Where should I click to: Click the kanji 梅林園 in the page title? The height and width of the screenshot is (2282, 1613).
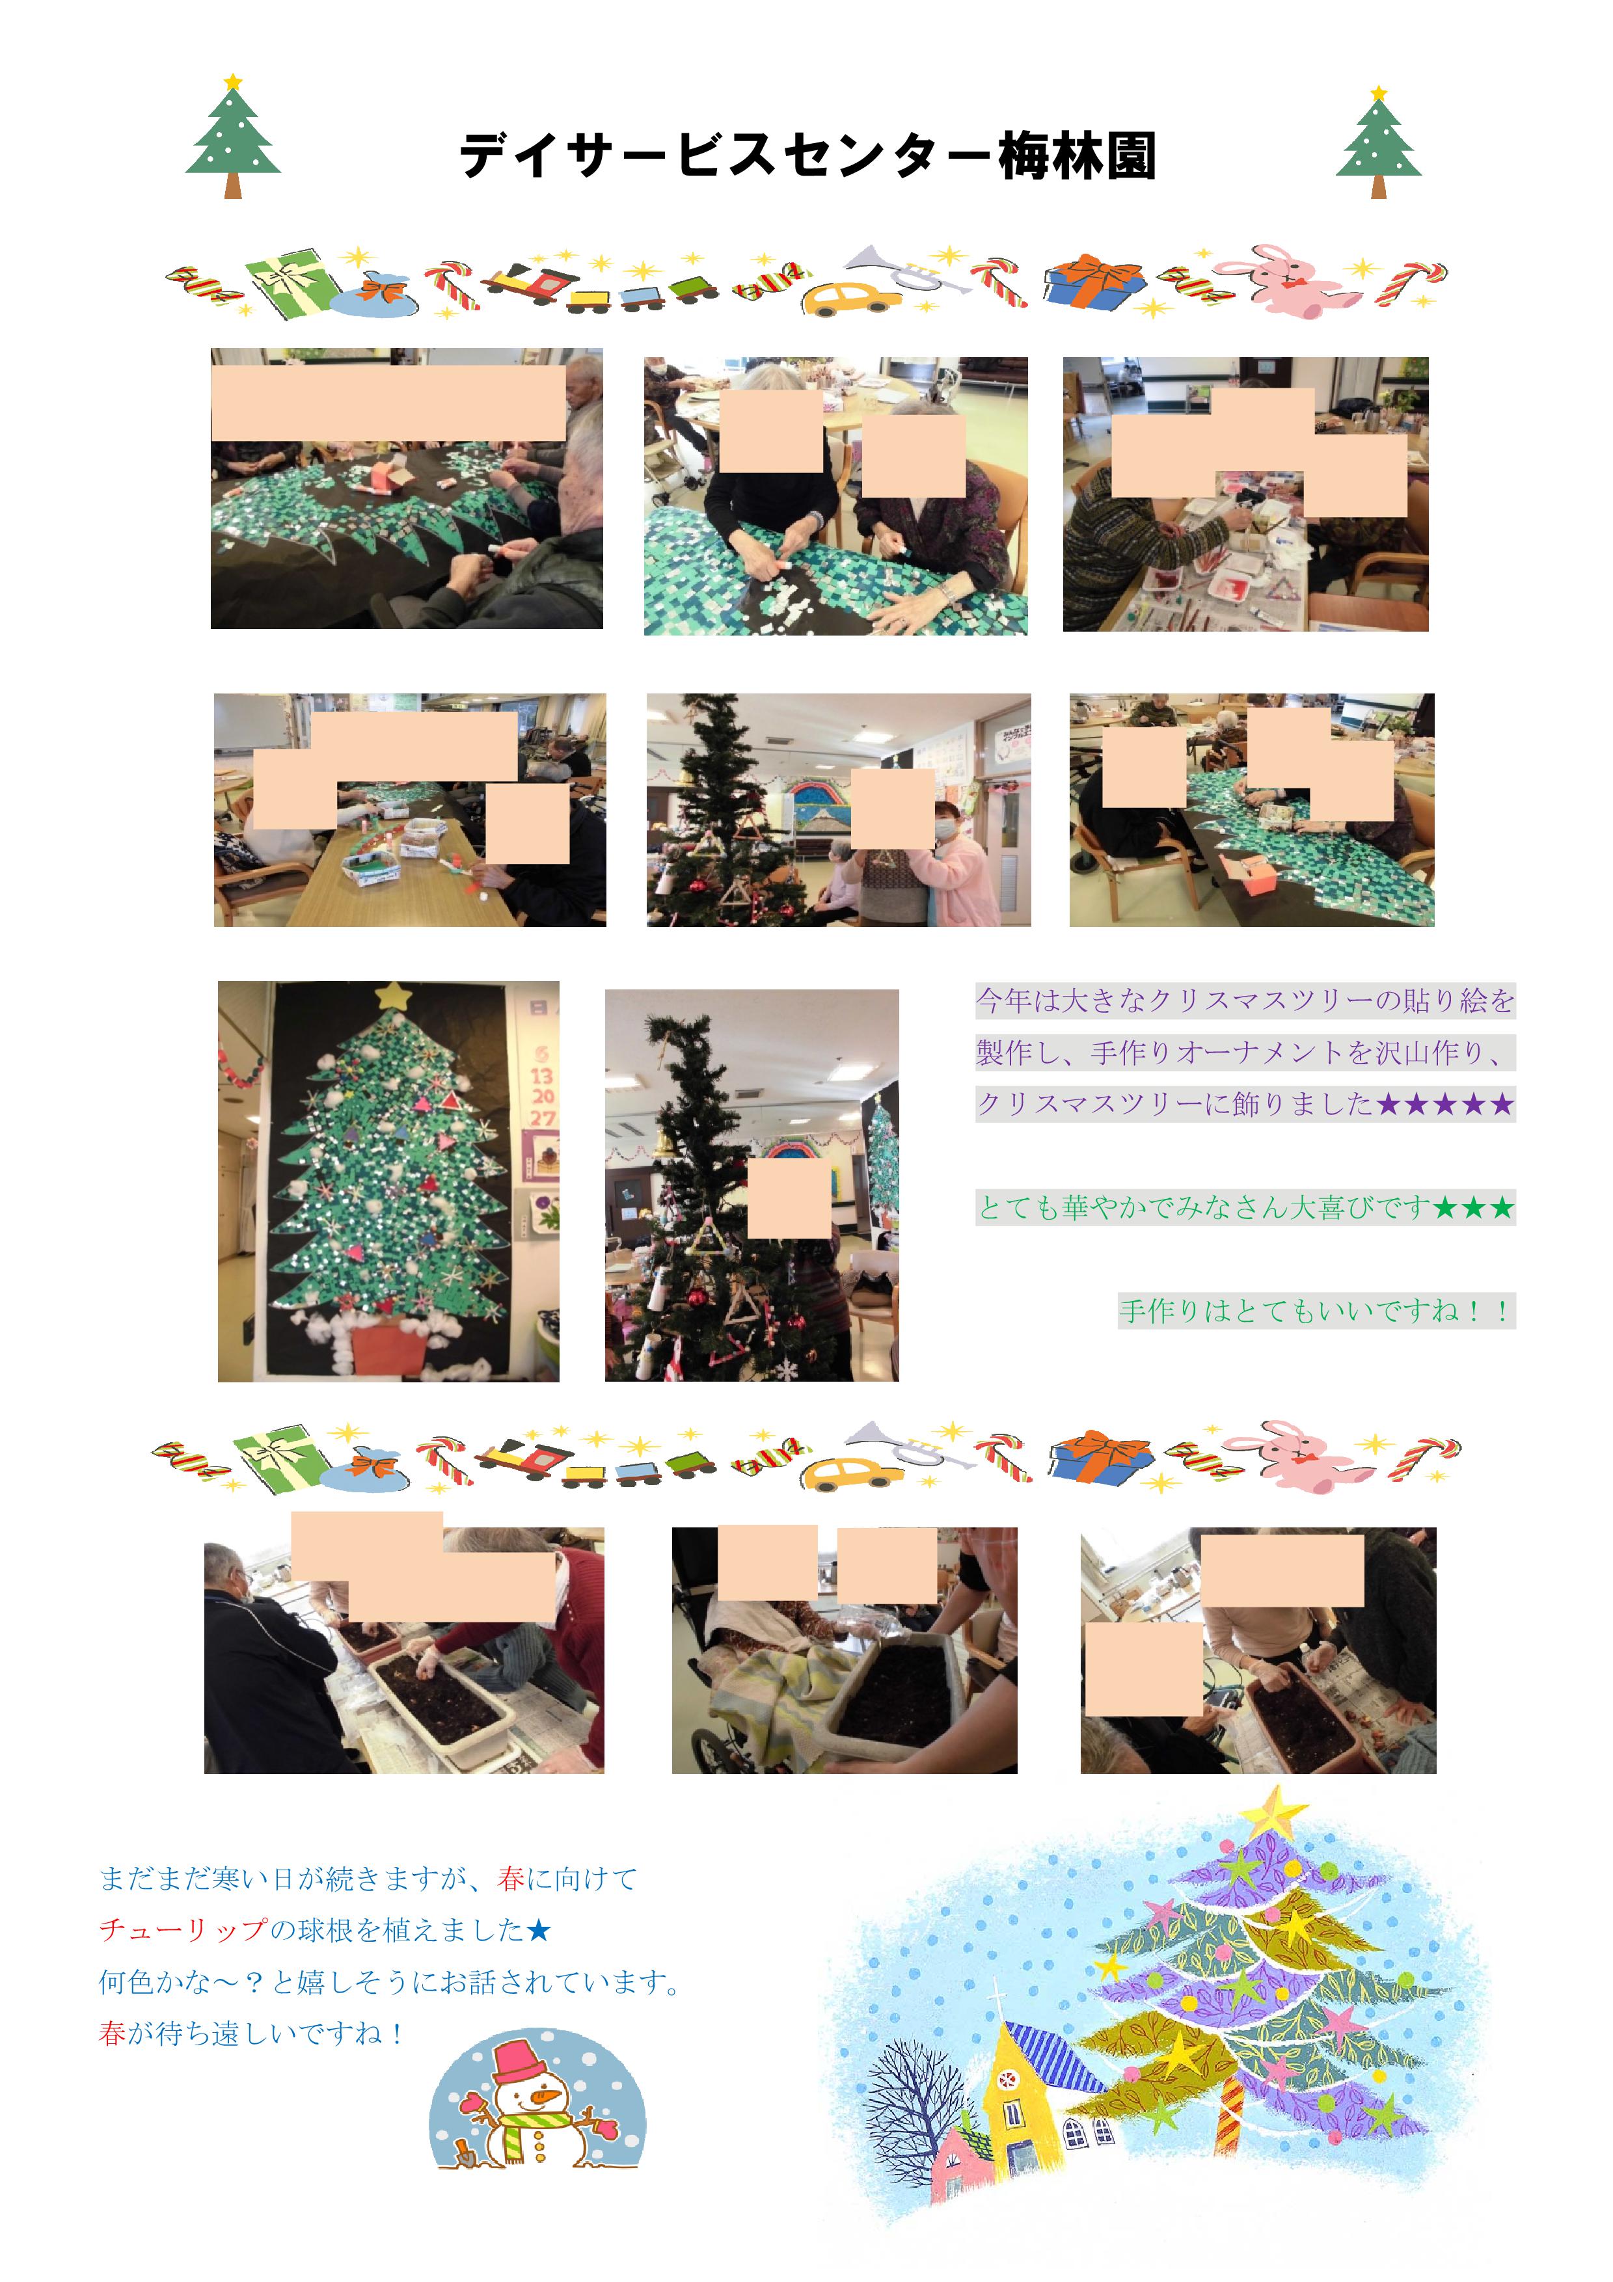1078,156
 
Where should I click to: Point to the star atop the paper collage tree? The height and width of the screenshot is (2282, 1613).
394,994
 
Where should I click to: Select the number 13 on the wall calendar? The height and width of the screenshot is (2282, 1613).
541,1075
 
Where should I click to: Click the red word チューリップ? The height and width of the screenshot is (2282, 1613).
184,1930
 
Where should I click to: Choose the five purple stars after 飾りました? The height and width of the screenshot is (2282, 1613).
1445,1104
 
